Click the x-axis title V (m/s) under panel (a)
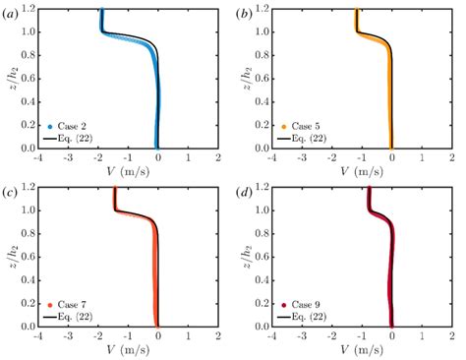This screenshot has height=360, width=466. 128,170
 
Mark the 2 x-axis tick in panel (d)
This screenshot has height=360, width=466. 451,334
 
